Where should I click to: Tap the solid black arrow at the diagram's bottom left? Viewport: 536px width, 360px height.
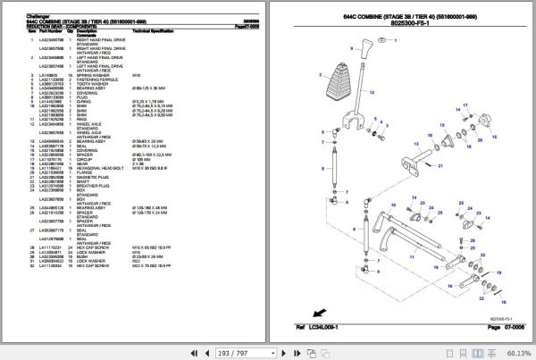pos(315,312)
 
